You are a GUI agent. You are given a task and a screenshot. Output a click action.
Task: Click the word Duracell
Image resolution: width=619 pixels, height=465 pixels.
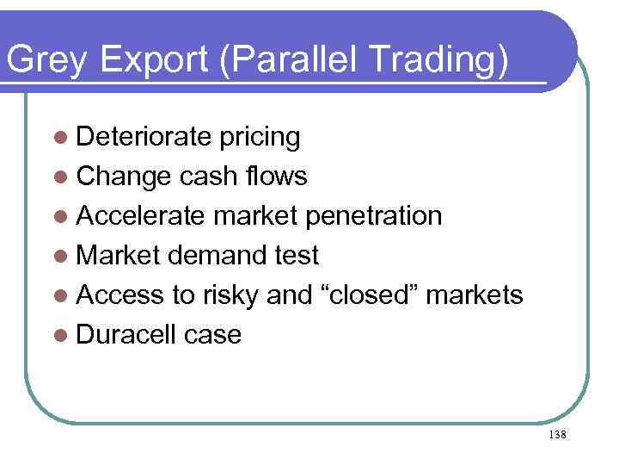pos(126,334)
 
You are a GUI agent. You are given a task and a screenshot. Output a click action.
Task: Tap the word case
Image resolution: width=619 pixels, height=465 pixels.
pos(213,334)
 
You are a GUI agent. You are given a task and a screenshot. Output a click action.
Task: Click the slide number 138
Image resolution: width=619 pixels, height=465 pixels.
pos(556,435)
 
